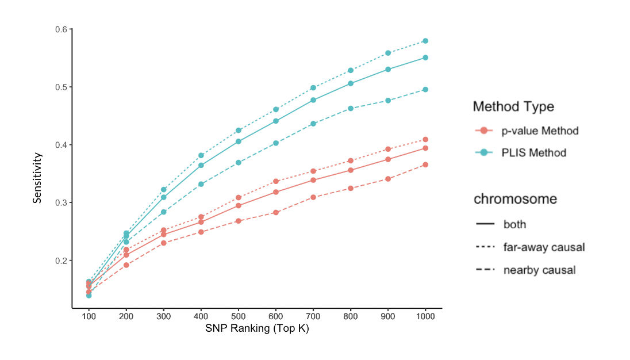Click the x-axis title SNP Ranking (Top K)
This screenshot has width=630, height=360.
(x=257, y=329)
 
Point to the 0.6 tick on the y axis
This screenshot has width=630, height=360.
(x=61, y=29)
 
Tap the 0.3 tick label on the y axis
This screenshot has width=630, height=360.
(x=61, y=203)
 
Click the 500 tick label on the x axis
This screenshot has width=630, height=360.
(x=238, y=317)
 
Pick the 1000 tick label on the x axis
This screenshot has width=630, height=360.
(x=425, y=317)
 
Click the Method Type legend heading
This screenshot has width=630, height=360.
(x=513, y=106)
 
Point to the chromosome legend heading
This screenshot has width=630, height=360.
(x=515, y=200)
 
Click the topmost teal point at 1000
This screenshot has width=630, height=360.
(x=425, y=41)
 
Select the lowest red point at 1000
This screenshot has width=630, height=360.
(x=425, y=164)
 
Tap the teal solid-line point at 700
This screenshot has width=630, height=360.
(x=313, y=100)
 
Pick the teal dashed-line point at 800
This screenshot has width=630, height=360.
(x=351, y=108)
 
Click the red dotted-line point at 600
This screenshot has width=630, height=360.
(x=276, y=181)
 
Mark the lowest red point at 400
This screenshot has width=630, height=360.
(x=201, y=232)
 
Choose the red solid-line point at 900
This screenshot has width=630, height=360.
(x=388, y=159)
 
